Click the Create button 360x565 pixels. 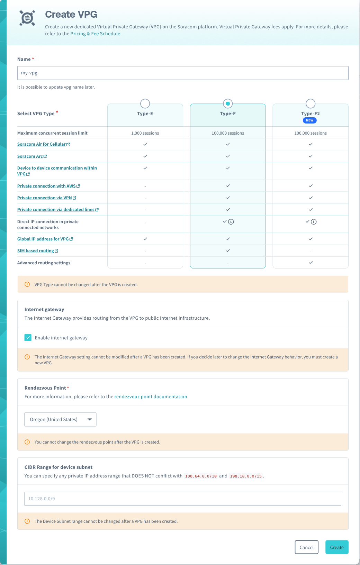click(x=336, y=547)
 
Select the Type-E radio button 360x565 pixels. click(x=145, y=103)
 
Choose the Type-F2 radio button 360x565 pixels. click(x=310, y=103)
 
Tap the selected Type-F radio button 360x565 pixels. click(x=228, y=103)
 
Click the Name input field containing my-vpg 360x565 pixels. click(x=183, y=73)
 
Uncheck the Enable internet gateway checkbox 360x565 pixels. click(x=28, y=338)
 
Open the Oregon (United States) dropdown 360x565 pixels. click(x=60, y=419)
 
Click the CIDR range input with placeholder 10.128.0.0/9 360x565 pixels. click(x=183, y=499)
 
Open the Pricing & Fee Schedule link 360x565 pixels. click(x=95, y=34)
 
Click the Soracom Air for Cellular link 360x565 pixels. click(x=42, y=144)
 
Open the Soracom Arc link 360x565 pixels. click(x=30, y=156)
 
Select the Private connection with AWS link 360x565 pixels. click(x=46, y=186)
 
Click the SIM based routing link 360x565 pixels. click(x=36, y=251)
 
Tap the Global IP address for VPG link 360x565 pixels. click(x=43, y=239)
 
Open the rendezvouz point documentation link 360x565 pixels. click(x=151, y=397)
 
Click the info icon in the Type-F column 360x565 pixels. click(x=231, y=222)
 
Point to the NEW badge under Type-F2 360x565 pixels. click(x=309, y=120)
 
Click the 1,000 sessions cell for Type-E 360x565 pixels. click(x=145, y=133)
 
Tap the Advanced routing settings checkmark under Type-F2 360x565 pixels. click(x=310, y=263)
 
